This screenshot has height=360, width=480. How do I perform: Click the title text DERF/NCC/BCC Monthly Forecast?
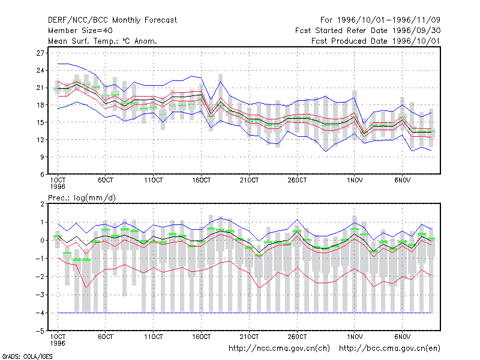[x=112, y=20]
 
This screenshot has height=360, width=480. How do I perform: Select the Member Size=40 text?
[x=80, y=31]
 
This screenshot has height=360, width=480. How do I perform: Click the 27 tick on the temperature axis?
[x=40, y=53]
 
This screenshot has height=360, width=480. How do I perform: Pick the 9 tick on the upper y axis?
[x=42, y=157]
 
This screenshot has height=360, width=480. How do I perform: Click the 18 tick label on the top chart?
[x=40, y=105]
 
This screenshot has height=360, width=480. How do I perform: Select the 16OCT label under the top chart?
[x=201, y=180]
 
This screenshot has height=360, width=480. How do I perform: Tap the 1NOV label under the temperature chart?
[x=355, y=180]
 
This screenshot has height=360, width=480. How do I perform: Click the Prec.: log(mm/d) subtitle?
[x=82, y=198]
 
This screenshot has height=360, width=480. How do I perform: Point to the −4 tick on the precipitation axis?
[x=40, y=313]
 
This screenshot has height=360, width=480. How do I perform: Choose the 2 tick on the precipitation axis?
[x=42, y=204]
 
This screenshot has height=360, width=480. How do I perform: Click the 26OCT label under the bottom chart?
[x=297, y=337]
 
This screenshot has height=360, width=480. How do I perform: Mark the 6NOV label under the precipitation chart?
[x=402, y=337]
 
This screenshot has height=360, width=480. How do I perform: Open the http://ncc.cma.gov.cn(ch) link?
[x=279, y=349]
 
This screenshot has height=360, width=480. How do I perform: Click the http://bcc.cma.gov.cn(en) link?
[x=389, y=349]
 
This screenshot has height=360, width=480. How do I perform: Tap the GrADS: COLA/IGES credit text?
[x=27, y=356]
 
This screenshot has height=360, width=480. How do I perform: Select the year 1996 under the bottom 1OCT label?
[x=58, y=343]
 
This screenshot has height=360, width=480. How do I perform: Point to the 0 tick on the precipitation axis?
[x=42, y=241]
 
